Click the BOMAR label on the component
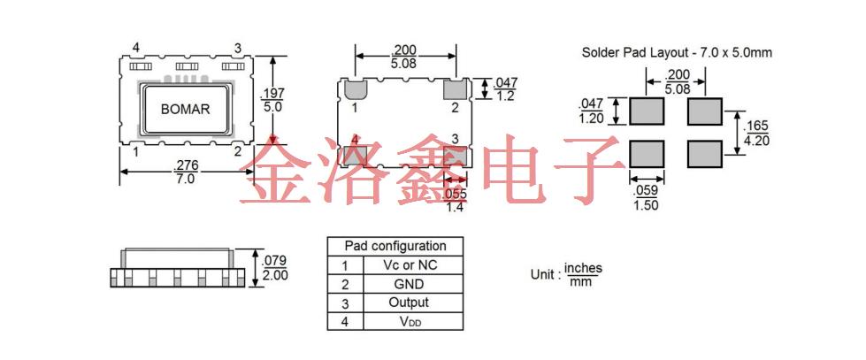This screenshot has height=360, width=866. [185, 109]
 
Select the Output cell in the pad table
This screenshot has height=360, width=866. [410, 303]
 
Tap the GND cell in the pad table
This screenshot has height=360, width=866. [409, 284]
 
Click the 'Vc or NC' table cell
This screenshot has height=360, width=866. [410, 264]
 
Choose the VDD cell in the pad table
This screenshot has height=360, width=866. [410, 322]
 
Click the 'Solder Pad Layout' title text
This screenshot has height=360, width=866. [677, 52]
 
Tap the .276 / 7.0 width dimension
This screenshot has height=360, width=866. [185, 172]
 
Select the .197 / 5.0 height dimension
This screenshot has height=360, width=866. [272, 99]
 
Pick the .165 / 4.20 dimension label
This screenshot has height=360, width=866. [756, 131]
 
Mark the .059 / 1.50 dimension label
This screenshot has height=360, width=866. [647, 196]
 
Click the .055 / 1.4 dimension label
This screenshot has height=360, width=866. [455, 200]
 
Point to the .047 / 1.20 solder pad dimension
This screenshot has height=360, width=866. [592, 111]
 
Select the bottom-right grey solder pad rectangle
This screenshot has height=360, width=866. [705, 153]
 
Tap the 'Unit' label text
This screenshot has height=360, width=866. [542, 274]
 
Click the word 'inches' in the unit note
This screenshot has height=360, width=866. [583, 267]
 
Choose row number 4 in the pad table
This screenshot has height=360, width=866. [344, 322]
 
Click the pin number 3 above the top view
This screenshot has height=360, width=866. [237, 48]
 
